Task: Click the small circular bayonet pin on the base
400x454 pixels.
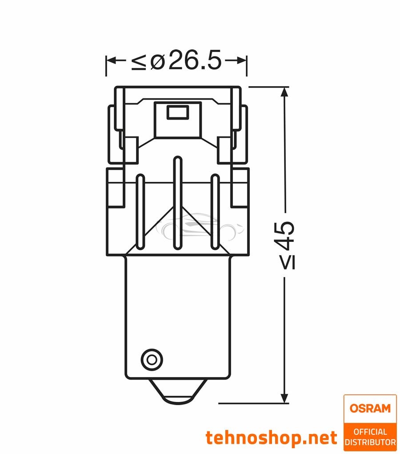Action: pos(149,358)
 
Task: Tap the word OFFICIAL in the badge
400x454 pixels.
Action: pos(370,432)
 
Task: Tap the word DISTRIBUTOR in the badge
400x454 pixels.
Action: pos(370,442)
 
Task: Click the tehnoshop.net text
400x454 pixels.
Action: pos(271,438)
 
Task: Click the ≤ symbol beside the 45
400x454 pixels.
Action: pos(287,263)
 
